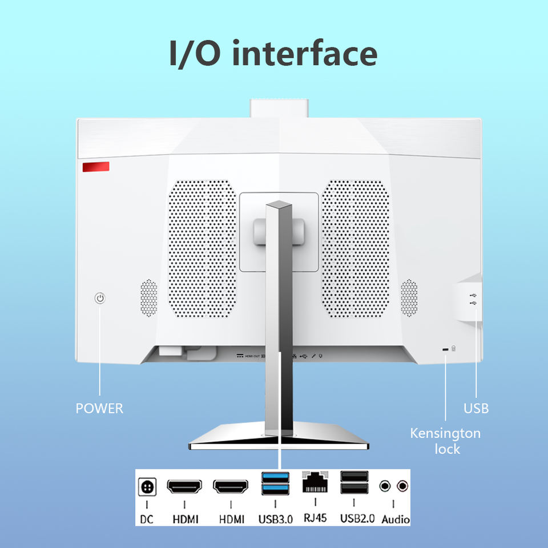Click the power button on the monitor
[100, 298]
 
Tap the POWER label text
[99, 409]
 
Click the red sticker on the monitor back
[96, 167]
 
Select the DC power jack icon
[147, 487]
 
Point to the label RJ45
[315, 519]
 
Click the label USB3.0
[275, 519]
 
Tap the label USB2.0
[357, 519]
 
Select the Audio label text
[395, 519]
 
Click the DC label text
[147, 519]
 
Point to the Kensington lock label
[445, 441]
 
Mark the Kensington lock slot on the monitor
[445, 349]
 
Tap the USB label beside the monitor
[476, 409]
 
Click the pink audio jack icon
[403, 486]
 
